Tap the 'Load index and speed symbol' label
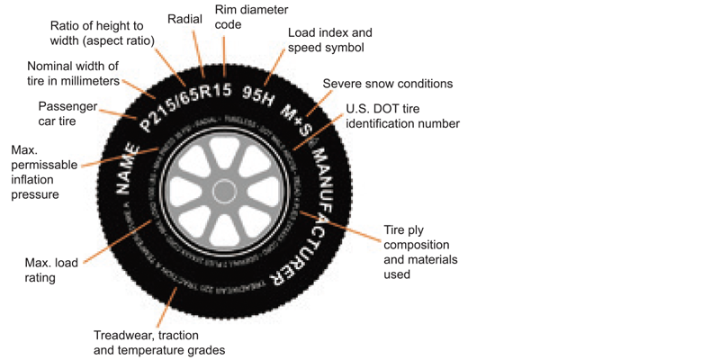click(x=325, y=40)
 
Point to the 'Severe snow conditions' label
click(x=387, y=84)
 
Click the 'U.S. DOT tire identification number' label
click(x=402, y=115)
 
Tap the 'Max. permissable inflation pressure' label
click(x=35, y=171)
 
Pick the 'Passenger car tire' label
click(x=68, y=112)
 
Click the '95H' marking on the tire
click(x=258, y=96)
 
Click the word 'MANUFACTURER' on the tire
click(x=314, y=208)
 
